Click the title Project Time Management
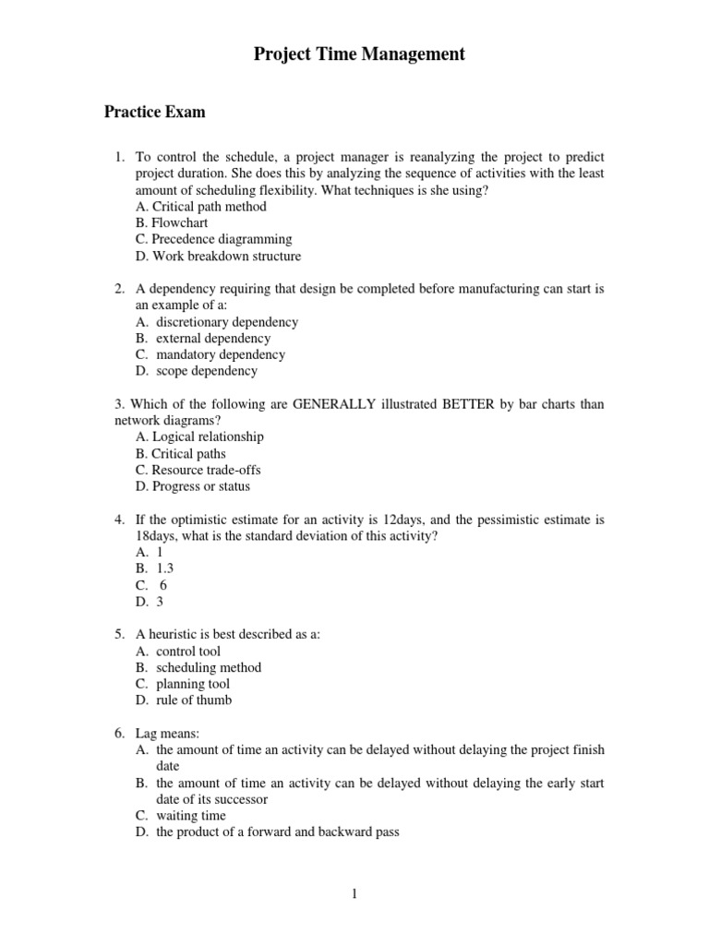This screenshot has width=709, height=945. [x=359, y=55]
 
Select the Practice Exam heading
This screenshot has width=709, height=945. [x=154, y=113]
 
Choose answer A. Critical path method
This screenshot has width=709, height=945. [x=200, y=207]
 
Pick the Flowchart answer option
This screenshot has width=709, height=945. [x=172, y=223]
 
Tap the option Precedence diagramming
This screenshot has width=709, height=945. [x=212, y=240]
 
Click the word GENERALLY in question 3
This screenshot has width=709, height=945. [x=333, y=404]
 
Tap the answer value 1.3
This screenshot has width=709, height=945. [x=164, y=568]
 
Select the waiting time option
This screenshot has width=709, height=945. [x=190, y=816]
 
